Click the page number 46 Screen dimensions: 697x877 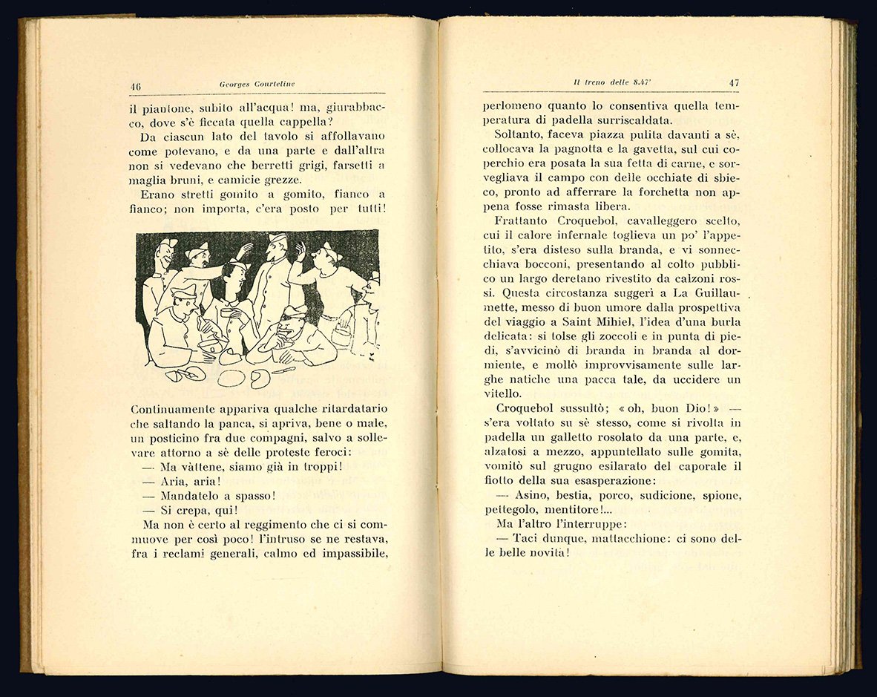point(136,85)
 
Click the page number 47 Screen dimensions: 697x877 point(734,83)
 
